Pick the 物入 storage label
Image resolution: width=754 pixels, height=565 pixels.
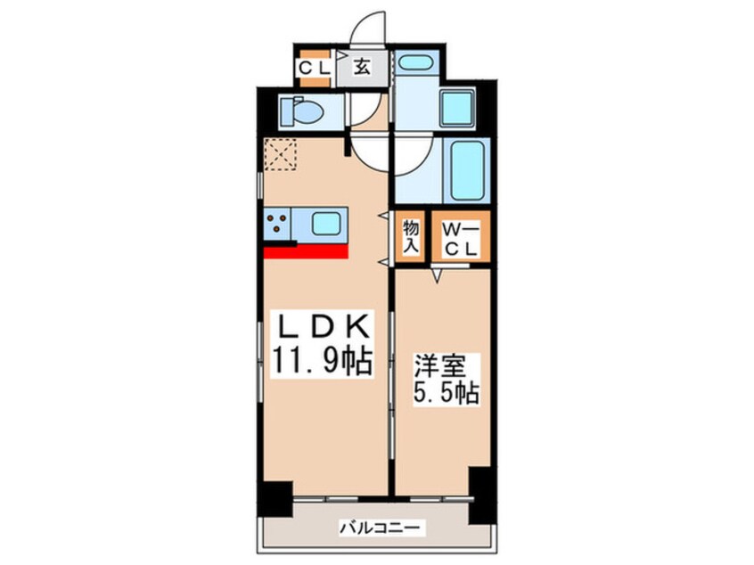point(410,237)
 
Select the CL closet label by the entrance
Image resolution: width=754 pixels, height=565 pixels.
point(314,68)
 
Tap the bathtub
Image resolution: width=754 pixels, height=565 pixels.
point(464,170)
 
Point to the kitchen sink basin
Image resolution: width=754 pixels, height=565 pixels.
point(326,223)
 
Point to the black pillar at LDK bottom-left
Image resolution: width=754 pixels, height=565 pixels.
point(277,501)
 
